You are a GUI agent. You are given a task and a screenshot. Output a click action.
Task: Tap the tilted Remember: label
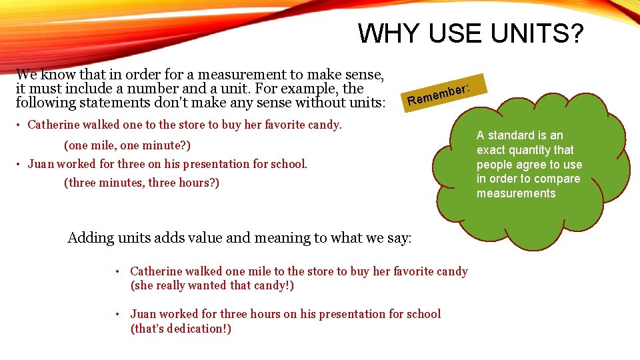[x=441, y=94]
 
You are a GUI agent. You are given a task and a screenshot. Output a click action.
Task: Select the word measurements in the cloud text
[x=516, y=193]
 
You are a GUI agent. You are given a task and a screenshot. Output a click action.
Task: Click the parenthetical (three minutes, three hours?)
[x=141, y=183]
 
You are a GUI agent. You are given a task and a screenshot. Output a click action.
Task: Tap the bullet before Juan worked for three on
[x=20, y=164]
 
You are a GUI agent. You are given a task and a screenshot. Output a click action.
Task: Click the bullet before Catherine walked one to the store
[x=20, y=125]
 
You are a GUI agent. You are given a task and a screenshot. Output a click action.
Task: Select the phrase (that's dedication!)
[x=181, y=329]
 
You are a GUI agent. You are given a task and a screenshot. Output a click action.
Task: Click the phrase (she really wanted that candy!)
[x=212, y=286]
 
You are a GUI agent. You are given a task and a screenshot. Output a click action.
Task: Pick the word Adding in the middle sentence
[x=91, y=238]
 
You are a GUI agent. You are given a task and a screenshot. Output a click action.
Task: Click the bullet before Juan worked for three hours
[x=116, y=314]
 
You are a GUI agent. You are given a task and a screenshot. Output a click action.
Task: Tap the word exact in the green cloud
[x=490, y=150]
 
